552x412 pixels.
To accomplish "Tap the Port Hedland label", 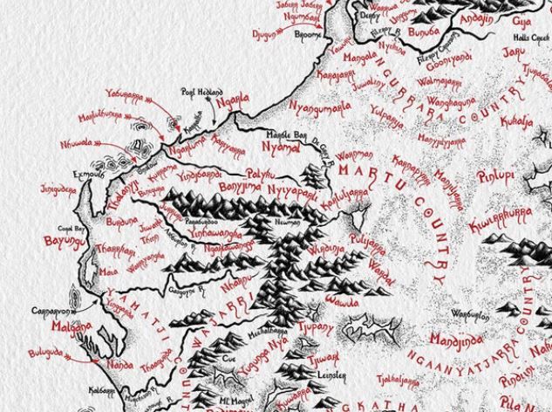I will click(x=202, y=92).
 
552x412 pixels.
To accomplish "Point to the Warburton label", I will click(x=468, y=312).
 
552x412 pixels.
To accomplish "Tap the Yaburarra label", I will click(x=125, y=93).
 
